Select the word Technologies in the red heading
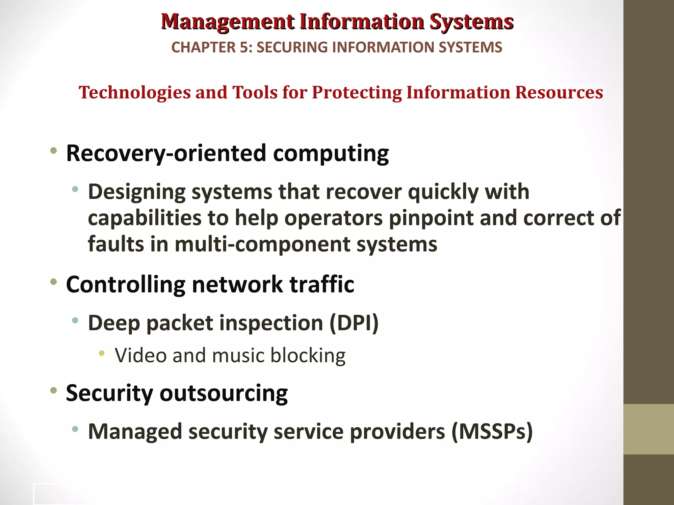tap(135, 92)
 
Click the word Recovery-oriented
tap(166, 153)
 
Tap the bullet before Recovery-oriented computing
tap(53, 151)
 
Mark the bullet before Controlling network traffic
tap(53, 282)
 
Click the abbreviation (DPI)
tap(354, 323)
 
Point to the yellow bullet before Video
tap(102, 353)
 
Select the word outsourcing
tap(223, 393)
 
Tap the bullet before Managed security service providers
tap(75, 429)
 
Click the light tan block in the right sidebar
tap(649, 429)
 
